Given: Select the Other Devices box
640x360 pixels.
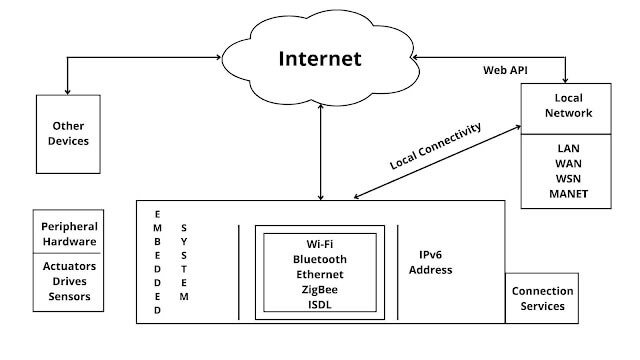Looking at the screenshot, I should pos(69,133).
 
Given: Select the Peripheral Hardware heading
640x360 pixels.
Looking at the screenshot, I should pos(69,234).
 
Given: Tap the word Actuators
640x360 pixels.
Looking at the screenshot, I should pos(69,267).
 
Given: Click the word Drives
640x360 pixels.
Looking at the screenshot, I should pos(69,281).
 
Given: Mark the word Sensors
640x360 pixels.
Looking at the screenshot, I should pos(69,296).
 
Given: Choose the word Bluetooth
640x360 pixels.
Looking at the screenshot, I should pos(319,260).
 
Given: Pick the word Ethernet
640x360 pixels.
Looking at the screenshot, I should pos(319,275).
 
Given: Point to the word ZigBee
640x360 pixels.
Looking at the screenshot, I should pos(319,289).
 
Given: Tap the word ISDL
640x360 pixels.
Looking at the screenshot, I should pos(319,304).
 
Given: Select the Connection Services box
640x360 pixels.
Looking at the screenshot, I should pos(541,297).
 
